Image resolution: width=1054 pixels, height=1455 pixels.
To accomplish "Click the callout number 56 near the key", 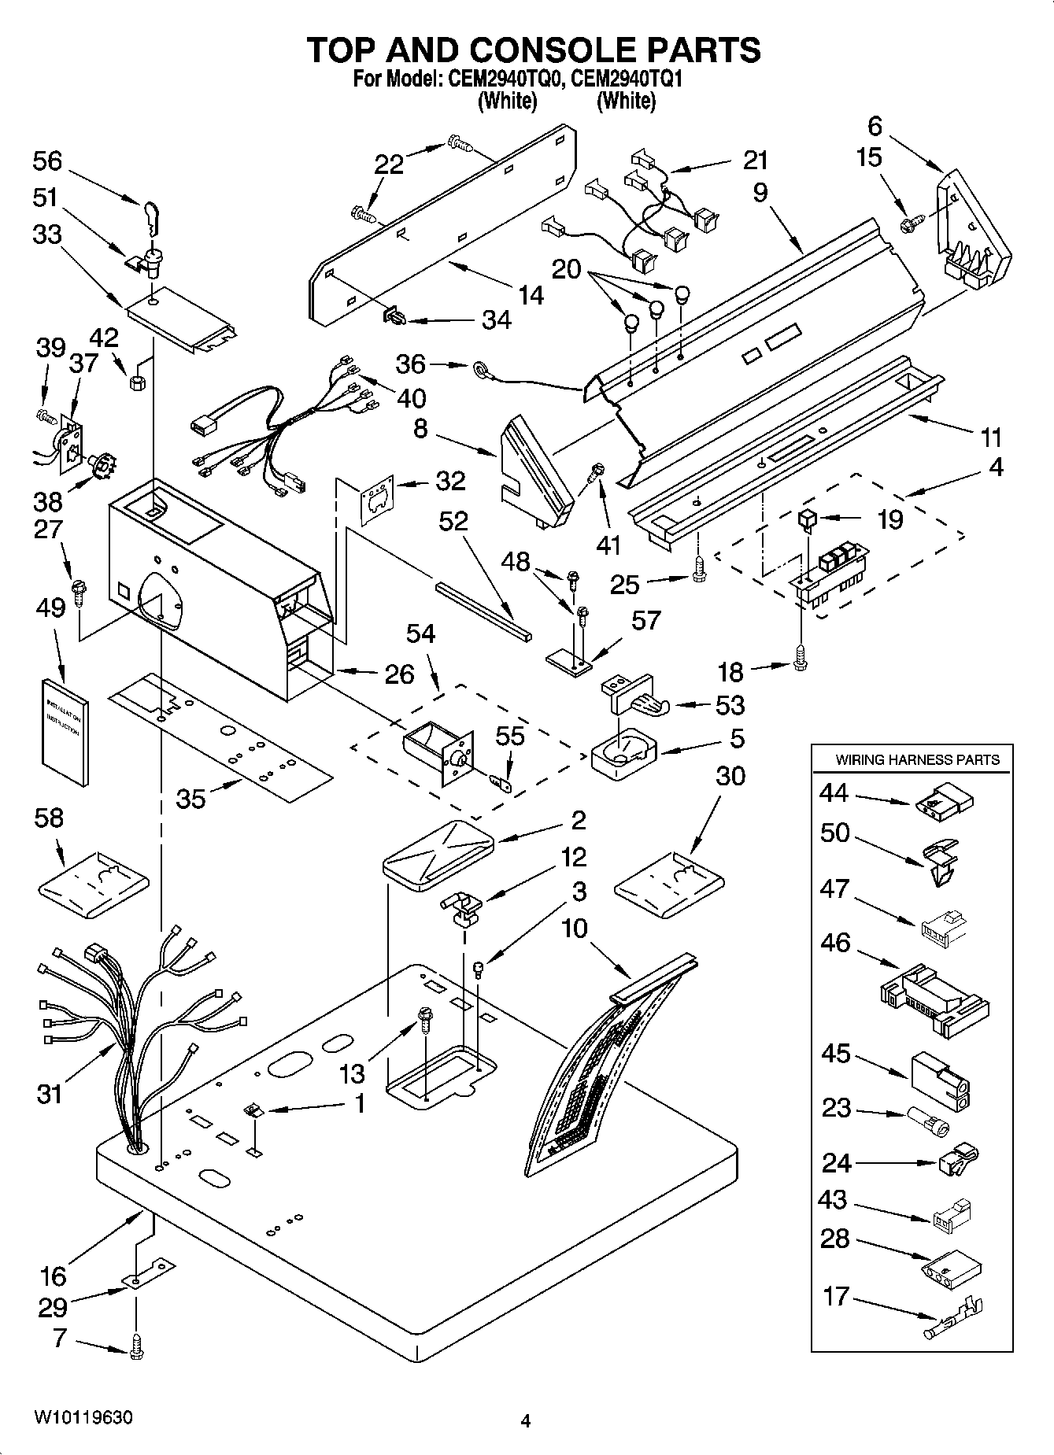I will [47, 161].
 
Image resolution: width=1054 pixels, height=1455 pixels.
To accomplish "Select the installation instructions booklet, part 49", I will [64, 731].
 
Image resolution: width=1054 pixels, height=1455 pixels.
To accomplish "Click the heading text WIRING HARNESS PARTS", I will [917, 759].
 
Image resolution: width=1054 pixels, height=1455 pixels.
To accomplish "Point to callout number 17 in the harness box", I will [835, 1295].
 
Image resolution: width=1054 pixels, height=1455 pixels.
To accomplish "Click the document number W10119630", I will [83, 1419].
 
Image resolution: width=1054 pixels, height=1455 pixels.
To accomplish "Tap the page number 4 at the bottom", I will [525, 1421].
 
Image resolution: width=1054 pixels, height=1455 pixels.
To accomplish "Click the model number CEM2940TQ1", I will [627, 79].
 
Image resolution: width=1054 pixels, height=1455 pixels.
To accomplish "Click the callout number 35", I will [190, 798].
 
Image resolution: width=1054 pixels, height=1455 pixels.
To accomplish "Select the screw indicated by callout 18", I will [801, 658].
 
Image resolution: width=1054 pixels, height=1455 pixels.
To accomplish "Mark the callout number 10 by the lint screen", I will [574, 929].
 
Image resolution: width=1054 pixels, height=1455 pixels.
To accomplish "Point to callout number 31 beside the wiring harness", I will [49, 1094].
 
